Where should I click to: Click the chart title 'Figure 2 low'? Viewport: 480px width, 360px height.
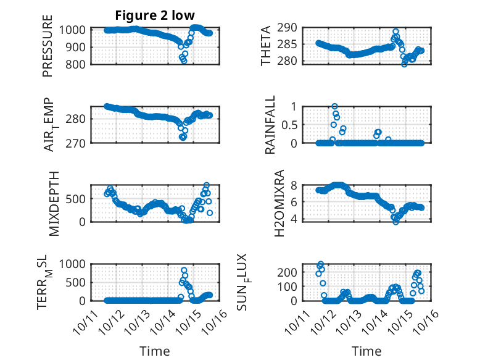point(155,15)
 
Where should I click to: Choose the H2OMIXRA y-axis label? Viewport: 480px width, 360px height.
point(279,203)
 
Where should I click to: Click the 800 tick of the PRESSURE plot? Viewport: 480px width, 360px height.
point(78,63)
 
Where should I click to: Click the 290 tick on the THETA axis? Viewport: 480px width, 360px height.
point(291,28)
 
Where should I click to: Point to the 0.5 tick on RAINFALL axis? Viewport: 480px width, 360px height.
point(291,124)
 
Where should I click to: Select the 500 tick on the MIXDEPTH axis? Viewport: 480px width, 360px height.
point(78,199)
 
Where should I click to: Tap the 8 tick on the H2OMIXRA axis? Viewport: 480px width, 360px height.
point(295,185)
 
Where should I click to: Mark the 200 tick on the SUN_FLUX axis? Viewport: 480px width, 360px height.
point(291,272)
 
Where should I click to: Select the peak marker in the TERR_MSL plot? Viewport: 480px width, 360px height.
point(184,270)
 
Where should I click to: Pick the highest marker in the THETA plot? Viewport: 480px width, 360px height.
point(395,31)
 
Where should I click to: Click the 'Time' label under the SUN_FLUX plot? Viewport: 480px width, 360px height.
point(366,351)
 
